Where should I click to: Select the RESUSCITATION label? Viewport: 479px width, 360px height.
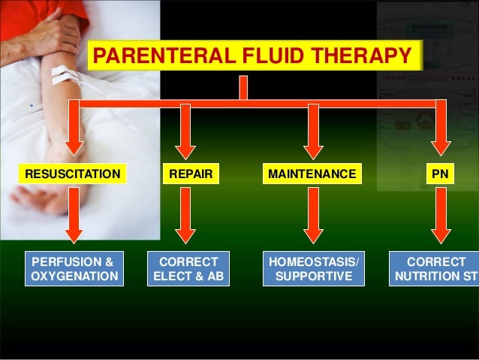tap(72, 174)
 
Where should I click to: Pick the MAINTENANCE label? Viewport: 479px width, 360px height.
tap(312, 174)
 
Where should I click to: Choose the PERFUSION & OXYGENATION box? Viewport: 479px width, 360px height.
tap(74, 269)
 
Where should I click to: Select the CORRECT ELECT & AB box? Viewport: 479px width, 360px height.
tap(189, 269)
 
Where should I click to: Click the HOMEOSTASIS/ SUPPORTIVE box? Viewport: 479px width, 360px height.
tap(314, 269)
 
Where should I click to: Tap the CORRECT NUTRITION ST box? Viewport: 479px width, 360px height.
tap(435, 269)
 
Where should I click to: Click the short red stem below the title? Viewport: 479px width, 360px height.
tap(243, 86)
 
